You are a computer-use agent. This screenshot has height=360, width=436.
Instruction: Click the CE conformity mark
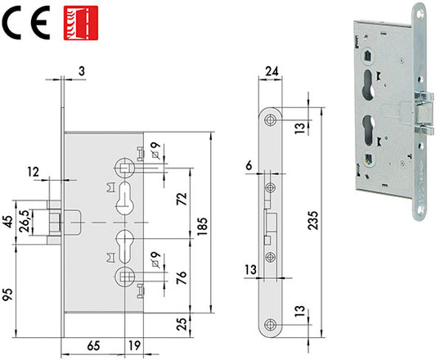pyautogui.click(x=26, y=23)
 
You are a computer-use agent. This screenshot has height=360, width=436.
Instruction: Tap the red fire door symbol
pyautogui.click(x=81, y=23)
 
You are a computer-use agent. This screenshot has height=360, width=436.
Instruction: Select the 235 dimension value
pyautogui.click(x=313, y=220)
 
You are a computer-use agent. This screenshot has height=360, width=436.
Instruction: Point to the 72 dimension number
pyautogui.click(x=182, y=199)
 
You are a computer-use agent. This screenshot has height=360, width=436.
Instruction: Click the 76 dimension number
pyautogui.click(x=182, y=277)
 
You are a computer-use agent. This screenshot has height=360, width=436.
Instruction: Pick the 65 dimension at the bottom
pyautogui.click(x=93, y=346)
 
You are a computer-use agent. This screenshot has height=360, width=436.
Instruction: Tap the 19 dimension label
pyautogui.click(x=134, y=345)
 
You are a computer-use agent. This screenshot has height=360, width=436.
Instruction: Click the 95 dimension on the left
pyautogui.click(x=8, y=295)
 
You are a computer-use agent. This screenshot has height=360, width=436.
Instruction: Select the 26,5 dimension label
pyautogui.click(x=25, y=221)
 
